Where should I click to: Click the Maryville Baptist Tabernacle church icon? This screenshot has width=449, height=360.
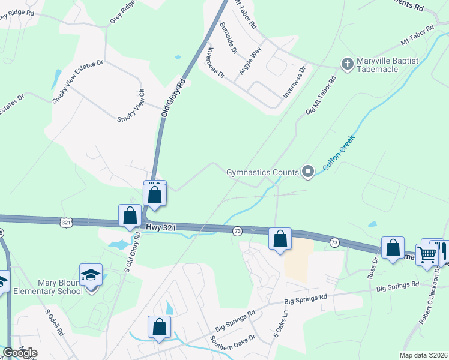point(347,64)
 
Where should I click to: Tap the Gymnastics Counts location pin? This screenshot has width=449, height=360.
point(308,172)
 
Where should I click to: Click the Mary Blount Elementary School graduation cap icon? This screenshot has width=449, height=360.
point(91,275)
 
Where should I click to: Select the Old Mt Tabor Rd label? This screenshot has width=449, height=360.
point(320,99)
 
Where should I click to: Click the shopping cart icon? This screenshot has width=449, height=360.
point(427,254)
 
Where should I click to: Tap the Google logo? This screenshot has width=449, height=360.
point(20,353)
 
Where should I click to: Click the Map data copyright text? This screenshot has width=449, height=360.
point(423,355)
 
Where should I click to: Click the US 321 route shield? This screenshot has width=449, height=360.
point(67,223)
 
